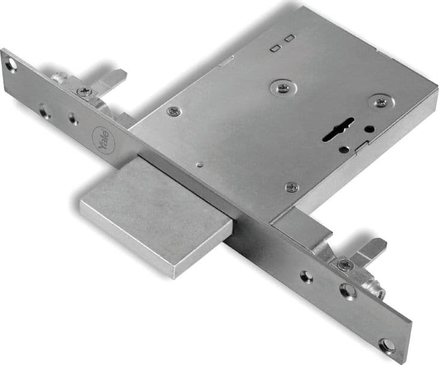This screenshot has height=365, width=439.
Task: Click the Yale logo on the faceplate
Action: [103, 140]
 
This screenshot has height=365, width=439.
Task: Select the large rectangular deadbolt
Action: [156, 219]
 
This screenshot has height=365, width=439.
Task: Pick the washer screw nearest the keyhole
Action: [381, 102]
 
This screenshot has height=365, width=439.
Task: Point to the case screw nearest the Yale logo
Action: [174, 111]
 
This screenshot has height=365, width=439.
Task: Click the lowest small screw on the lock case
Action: [292, 187]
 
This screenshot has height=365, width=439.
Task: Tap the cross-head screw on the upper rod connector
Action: [84, 91]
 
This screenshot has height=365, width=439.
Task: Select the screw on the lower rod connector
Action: [345, 264]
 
